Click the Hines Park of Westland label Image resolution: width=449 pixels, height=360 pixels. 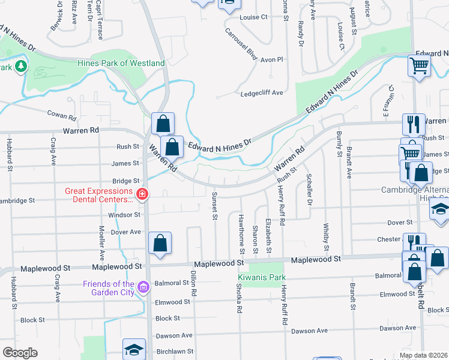121,63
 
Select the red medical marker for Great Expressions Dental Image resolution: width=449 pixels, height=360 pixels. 142,194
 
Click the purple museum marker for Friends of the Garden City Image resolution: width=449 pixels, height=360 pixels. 143,287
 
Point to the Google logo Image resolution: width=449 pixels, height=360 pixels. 20,353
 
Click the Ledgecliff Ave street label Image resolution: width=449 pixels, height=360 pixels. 261,93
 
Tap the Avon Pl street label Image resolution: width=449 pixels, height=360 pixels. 271,60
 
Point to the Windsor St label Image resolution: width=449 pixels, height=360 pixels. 124,215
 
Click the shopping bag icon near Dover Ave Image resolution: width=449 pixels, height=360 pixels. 160,243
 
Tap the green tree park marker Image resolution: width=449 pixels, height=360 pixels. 22,65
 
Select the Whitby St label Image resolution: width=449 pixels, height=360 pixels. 326,237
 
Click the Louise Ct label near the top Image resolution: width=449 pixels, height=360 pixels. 253,17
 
